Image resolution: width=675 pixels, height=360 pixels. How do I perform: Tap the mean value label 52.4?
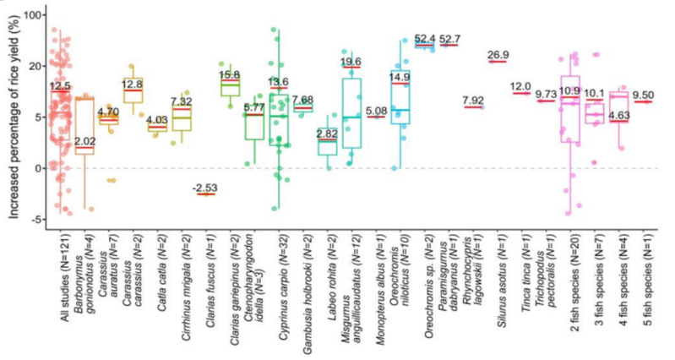click(x=424, y=39)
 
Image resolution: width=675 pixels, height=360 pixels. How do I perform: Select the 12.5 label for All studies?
click(x=59, y=85)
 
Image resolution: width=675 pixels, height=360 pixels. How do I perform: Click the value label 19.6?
click(x=351, y=62)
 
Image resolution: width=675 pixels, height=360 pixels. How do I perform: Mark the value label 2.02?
click(x=84, y=141)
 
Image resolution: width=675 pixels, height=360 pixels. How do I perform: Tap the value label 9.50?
click(x=645, y=95)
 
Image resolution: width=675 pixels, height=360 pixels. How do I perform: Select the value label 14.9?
click(x=400, y=77)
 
